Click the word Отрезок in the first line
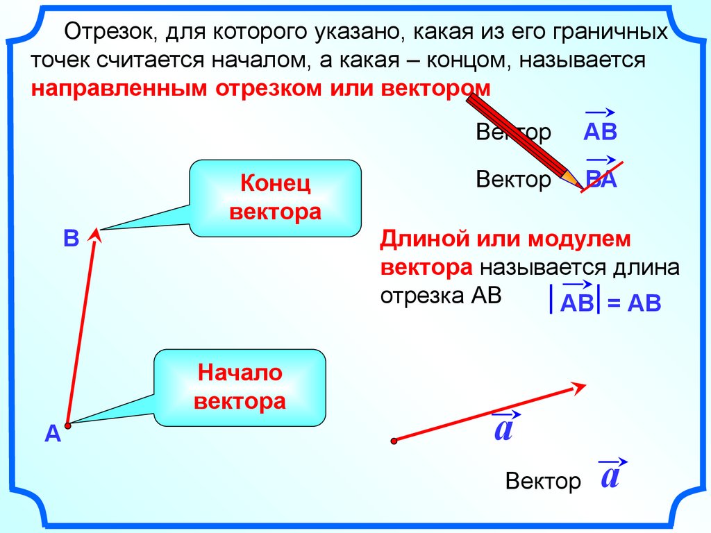(102, 32)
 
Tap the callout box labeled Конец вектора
(275, 198)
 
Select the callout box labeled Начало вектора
(240, 387)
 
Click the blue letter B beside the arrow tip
(71, 239)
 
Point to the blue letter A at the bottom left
(52, 434)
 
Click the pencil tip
(580, 186)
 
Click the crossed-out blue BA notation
(601, 179)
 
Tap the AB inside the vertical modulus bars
(576, 303)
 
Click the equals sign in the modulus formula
(612, 304)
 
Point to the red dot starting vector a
(394, 440)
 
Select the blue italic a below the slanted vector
(503, 430)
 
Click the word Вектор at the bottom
(543, 481)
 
